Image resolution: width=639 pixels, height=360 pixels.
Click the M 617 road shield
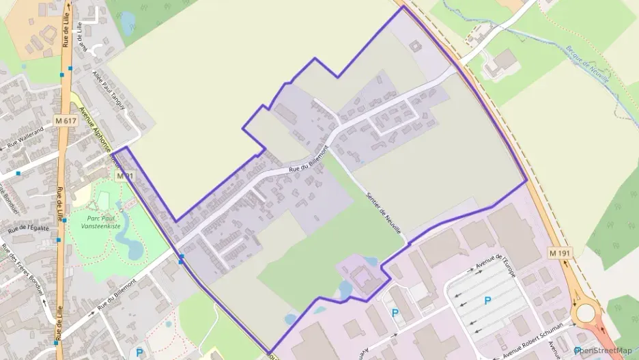point(66,121)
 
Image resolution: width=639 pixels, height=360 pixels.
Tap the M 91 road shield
point(123,176)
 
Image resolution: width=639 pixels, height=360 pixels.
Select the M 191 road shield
point(559,253)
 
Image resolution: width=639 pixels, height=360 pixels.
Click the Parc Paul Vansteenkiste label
point(100,221)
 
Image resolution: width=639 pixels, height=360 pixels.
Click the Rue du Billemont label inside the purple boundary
point(308,160)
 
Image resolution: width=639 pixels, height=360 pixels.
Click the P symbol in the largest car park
point(487,300)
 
